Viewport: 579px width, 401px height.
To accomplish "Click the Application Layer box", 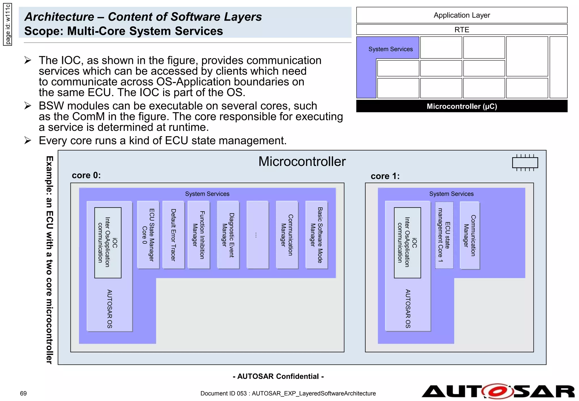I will pyautogui.click(x=461, y=15).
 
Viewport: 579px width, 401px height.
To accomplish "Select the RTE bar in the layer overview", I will pyautogui.click(x=461, y=30).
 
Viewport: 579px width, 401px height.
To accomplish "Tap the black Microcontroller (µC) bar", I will pyautogui.click(x=461, y=106).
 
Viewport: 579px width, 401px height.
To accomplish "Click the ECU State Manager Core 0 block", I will pyautogui.click(x=148, y=235).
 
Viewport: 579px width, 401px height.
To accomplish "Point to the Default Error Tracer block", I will pyautogui.click(x=173, y=235).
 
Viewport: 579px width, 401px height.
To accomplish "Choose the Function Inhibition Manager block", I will pyautogui.click(x=198, y=235).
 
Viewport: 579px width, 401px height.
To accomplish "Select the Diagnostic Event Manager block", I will pyautogui.click(x=228, y=235).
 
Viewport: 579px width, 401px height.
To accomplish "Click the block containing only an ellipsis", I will pyautogui.click(x=257, y=235).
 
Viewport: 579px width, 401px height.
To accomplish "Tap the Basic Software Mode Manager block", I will pyautogui.click(x=316, y=235).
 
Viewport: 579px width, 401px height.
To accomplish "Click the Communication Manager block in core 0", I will pyautogui.click(x=287, y=235).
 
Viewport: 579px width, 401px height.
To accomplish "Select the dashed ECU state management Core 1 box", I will pyautogui.click(x=444, y=235).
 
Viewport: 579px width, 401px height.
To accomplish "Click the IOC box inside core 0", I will pyautogui.click(x=108, y=242).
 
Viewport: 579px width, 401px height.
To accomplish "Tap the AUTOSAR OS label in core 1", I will pyautogui.click(x=407, y=308).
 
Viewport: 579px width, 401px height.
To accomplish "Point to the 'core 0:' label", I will pyautogui.click(x=86, y=175).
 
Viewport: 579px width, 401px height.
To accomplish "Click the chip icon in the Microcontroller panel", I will pyautogui.click(x=525, y=163).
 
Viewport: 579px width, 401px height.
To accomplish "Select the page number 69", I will pyautogui.click(x=23, y=393).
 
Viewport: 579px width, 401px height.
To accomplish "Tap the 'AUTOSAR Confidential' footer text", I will pyautogui.click(x=278, y=376).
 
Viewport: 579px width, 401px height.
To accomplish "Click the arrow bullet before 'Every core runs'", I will pyautogui.click(x=28, y=140).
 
